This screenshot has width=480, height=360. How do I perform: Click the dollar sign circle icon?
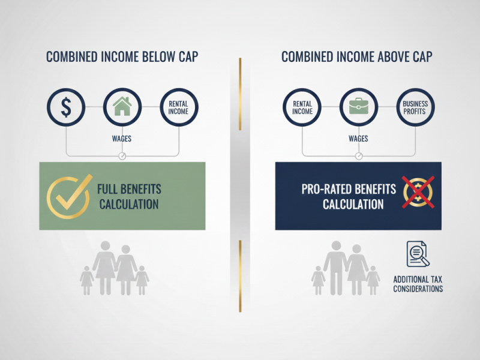pyautogui.click(x=66, y=107)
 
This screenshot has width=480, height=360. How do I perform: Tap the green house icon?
pyautogui.click(x=122, y=107)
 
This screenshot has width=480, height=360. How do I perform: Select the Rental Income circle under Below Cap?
pyautogui.click(x=178, y=107)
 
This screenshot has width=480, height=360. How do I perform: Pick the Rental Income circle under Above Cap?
pyautogui.click(x=302, y=107)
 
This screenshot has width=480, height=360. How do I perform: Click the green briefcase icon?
pyautogui.click(x=358, y=107)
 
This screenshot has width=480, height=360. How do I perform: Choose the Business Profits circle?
pyautogui.click(x=415, y=107)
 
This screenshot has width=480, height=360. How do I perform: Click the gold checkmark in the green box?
pyautogui.click(x=68, y=196)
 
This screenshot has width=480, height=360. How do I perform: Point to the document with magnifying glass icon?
pyautogui.click(x=418, y=254)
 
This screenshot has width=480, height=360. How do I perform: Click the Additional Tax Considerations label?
pyautogui.click(x=418, y=284)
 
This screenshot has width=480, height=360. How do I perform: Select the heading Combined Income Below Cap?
pyautogui.click(x=122, y=58)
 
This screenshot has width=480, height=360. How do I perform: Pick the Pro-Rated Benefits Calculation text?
pyautogui.click(x=349, y=196)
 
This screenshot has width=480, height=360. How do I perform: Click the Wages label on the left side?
pyautogui.click(x=122, y=139)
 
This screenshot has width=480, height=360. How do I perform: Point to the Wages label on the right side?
pyautogui.click(x=358, y=139)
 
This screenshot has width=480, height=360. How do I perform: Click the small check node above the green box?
pyautogui.click(x=122, y=156)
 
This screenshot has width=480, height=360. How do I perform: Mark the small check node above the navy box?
pyautogui.click(x=359, y=156)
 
